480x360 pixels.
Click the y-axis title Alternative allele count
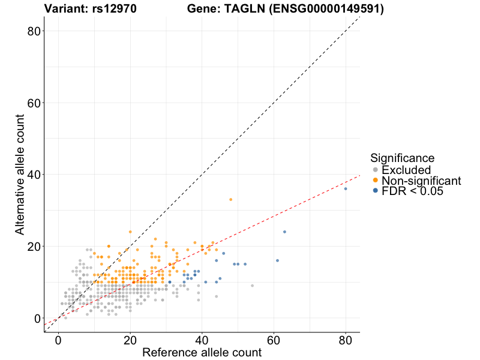coord(20,174)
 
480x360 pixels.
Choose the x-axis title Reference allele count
coord(202,352)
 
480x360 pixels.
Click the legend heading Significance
coord(402,158)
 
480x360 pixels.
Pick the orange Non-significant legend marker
coord(376,181)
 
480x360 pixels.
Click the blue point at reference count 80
coord(346,188)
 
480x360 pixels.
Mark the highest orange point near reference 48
coord(230,199)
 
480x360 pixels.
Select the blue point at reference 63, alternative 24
coord(284,232)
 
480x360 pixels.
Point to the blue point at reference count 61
coord(277,260)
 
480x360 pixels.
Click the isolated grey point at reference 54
coord(252,286)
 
